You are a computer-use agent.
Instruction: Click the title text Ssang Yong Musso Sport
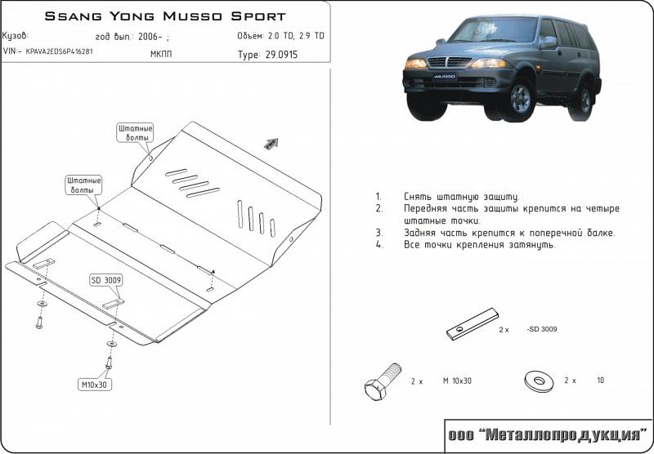tap(164, 16)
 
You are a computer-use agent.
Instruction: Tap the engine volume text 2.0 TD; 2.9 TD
tap(290, 36)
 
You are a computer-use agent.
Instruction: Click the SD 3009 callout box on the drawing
tap(106, 280)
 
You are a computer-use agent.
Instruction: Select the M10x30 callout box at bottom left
tap(93, 384)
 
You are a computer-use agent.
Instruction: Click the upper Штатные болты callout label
tap(133, 133)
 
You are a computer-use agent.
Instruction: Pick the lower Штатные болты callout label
tap(84, 185)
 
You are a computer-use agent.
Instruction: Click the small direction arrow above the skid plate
tap(271, 144)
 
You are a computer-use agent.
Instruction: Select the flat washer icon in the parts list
tap(535, 381)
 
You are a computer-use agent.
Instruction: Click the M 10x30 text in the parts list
tap(457, 381)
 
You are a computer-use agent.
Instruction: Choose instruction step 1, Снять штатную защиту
tap(461, 197)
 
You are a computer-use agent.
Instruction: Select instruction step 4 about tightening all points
tap(479, 244)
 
